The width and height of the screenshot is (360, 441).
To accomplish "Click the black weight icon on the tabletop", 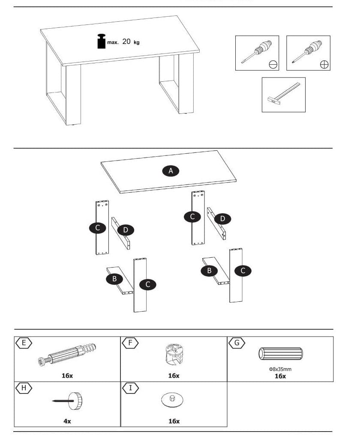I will coord(102,41).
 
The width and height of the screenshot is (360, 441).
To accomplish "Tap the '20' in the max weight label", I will coord(126,42).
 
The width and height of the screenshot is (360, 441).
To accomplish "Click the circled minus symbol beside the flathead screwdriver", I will coord(273,65).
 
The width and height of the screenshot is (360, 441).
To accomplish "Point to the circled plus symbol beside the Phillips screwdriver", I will coord(324,65).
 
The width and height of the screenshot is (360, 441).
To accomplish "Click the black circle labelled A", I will coord(171,171).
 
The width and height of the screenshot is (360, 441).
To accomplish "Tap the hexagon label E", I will coord(24,343).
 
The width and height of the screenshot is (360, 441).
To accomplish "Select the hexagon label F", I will coord(130,343).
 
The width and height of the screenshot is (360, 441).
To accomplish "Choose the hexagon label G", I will coord(237,343).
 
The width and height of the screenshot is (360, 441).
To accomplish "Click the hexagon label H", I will coord(24,388).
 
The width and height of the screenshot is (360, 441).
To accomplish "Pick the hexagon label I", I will coord(130,388).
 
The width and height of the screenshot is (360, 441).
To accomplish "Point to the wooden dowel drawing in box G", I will coord(280,354).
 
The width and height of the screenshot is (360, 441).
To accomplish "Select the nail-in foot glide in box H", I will coord(69,401).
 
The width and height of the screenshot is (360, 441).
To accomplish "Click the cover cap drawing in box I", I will coord(173,400).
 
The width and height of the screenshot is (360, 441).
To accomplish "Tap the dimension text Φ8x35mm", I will coord(280,369).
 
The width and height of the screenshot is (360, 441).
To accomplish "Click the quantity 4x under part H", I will coord(67,421).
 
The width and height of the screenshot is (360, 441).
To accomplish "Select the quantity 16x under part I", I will coord(174,421).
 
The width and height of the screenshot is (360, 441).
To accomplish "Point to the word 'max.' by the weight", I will coord(113,42).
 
